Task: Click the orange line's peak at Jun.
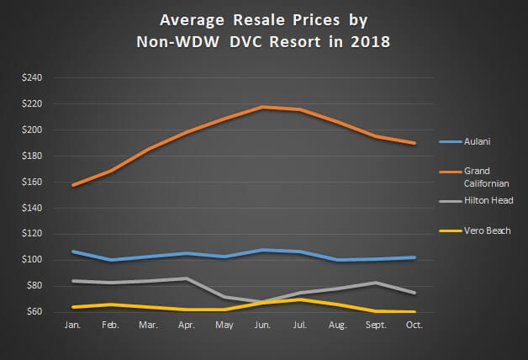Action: pyautogui.click(x=262, y=107)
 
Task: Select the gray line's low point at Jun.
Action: pyautogui.click(x=262, y=301)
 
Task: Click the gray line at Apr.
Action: pyautogui.click(x=186, y=278)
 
